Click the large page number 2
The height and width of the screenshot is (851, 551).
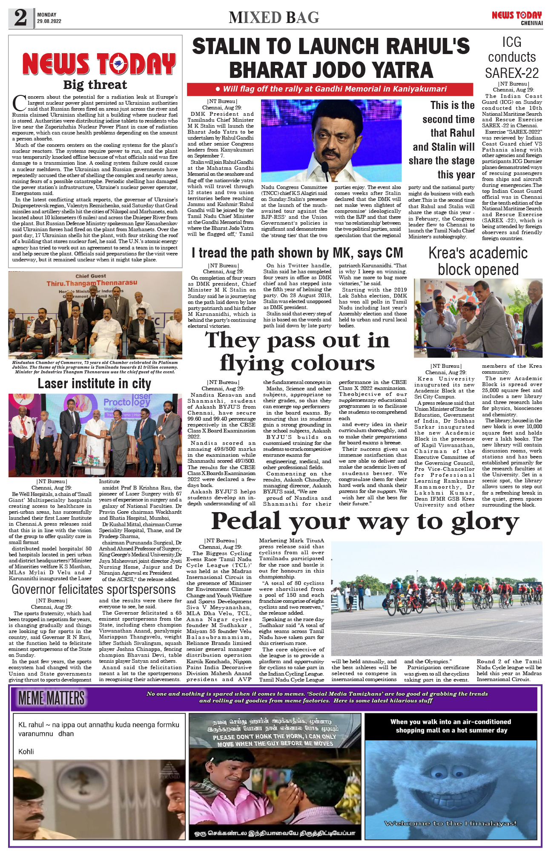tap(20, 18)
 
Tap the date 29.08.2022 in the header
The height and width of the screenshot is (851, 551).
tap(49, 21)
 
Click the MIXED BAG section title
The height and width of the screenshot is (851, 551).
tap(274, 18)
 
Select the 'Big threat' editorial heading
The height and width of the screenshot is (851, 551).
tap(95, 85)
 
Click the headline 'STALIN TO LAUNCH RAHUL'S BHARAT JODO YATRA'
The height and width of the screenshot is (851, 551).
tap(331, 58)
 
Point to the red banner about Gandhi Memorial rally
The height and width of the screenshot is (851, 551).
tap(330, 89)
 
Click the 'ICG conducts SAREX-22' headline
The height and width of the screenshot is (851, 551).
tap(511, 57)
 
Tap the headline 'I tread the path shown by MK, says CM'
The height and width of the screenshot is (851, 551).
tap(297, 253)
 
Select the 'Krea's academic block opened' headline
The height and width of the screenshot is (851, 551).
tap(478, 261)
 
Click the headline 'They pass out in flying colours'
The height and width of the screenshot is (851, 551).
tap(297, 352)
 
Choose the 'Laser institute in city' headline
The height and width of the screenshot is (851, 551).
tap(94, 384)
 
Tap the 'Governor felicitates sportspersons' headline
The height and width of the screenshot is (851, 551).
tap(94, 590)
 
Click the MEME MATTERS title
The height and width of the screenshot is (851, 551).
tap(52, 698)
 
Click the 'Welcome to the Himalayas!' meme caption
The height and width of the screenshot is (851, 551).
tap(451, 823)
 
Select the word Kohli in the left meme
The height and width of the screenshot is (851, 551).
tap(26, 751)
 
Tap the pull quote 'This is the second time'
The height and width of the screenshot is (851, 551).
tap(442, 140)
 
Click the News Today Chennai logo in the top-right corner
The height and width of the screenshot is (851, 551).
tap(517, 18)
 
